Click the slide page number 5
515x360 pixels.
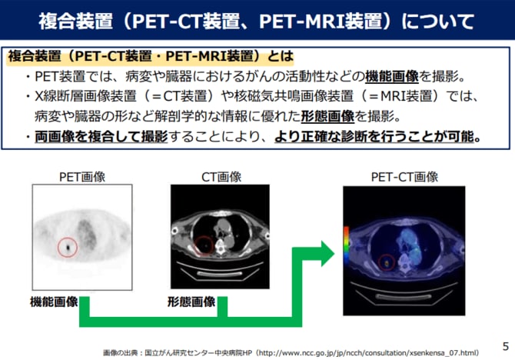(x=506, y=346)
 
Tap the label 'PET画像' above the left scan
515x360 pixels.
(x=82, y=177)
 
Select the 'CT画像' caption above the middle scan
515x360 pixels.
(x=221, y=177)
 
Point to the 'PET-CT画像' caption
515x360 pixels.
(x=404, y=177)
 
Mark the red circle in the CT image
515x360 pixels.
(x=194, y=245)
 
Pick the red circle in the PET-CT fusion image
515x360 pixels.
(x=379, y=262)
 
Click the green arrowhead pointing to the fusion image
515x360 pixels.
(x=327, y=254)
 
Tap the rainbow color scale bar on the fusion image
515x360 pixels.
(x=346, y=244)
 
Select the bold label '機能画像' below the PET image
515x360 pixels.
(x=54, y=302)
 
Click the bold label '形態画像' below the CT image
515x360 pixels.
(x=191, y=302)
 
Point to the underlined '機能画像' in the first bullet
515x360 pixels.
(x=392, y=76)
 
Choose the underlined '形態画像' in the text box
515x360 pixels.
(x=327, y=116)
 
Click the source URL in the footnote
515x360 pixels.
(x=367, y=353)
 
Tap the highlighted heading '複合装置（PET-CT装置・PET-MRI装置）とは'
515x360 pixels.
(x=151, y=56)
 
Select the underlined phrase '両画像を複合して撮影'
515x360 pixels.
(x=101, y=136)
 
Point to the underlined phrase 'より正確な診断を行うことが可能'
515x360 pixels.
(x=374, y=136)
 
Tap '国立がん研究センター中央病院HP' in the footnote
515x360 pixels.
(x=198, y=353)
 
